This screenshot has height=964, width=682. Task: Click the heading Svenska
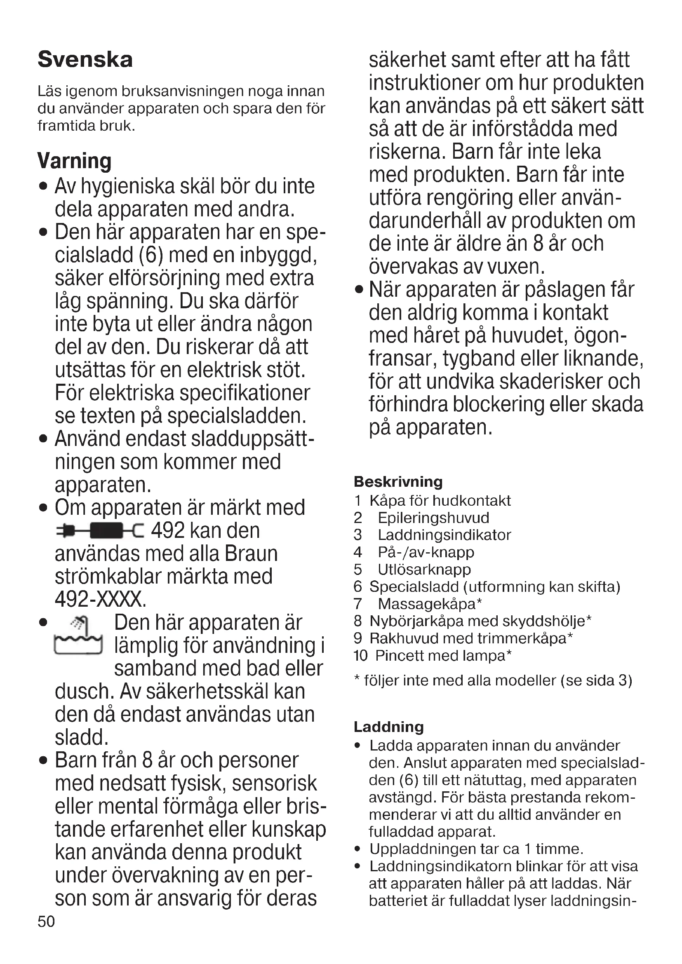(85, 59)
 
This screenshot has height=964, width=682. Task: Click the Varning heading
(74, 161)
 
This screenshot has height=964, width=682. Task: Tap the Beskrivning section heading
(398, 481)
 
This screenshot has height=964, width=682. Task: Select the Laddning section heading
(388, 727)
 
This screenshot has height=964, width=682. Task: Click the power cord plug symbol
(100, 531)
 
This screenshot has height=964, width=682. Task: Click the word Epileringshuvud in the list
(433, 518)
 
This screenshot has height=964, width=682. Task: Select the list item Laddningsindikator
(444, 535)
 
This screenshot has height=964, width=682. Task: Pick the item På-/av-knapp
(426, 552)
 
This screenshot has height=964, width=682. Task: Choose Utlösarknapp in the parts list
(424, 569)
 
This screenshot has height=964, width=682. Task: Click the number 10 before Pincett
(361, 655)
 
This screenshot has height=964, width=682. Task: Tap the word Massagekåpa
(427, 604)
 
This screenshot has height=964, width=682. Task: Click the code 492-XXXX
(101, 599)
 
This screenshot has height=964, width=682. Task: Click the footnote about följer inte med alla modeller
(493, 680)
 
